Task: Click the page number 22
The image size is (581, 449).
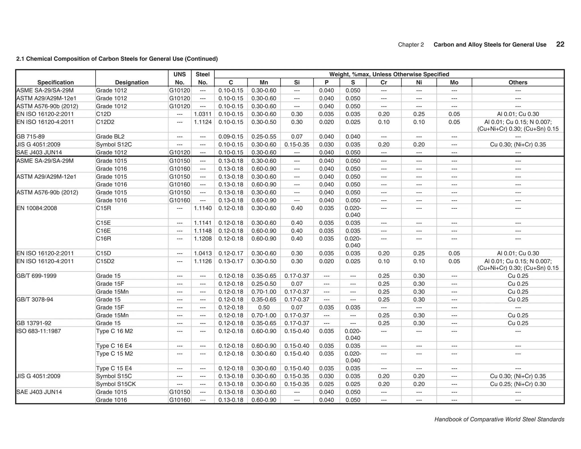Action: [560, 44]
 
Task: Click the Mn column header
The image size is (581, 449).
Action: [264, 82]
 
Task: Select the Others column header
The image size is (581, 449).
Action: [518, 82]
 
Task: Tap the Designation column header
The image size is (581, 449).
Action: [132, 82]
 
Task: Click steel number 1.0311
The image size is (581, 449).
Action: [203, 114]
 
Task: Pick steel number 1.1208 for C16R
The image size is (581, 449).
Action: [203, 239]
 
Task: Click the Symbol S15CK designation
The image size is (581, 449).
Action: [116, 384]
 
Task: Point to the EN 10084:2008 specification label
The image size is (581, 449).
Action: [37, 208]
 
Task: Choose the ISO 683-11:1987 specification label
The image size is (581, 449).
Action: [39, 331]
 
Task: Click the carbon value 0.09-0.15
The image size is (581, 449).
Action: [231, 137]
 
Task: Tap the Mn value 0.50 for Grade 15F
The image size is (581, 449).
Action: [264, 307]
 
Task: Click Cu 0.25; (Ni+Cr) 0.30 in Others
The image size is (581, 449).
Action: [518, 384]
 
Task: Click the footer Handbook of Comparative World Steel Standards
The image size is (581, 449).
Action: [499, 419]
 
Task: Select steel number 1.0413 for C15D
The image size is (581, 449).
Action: [203, 253]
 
